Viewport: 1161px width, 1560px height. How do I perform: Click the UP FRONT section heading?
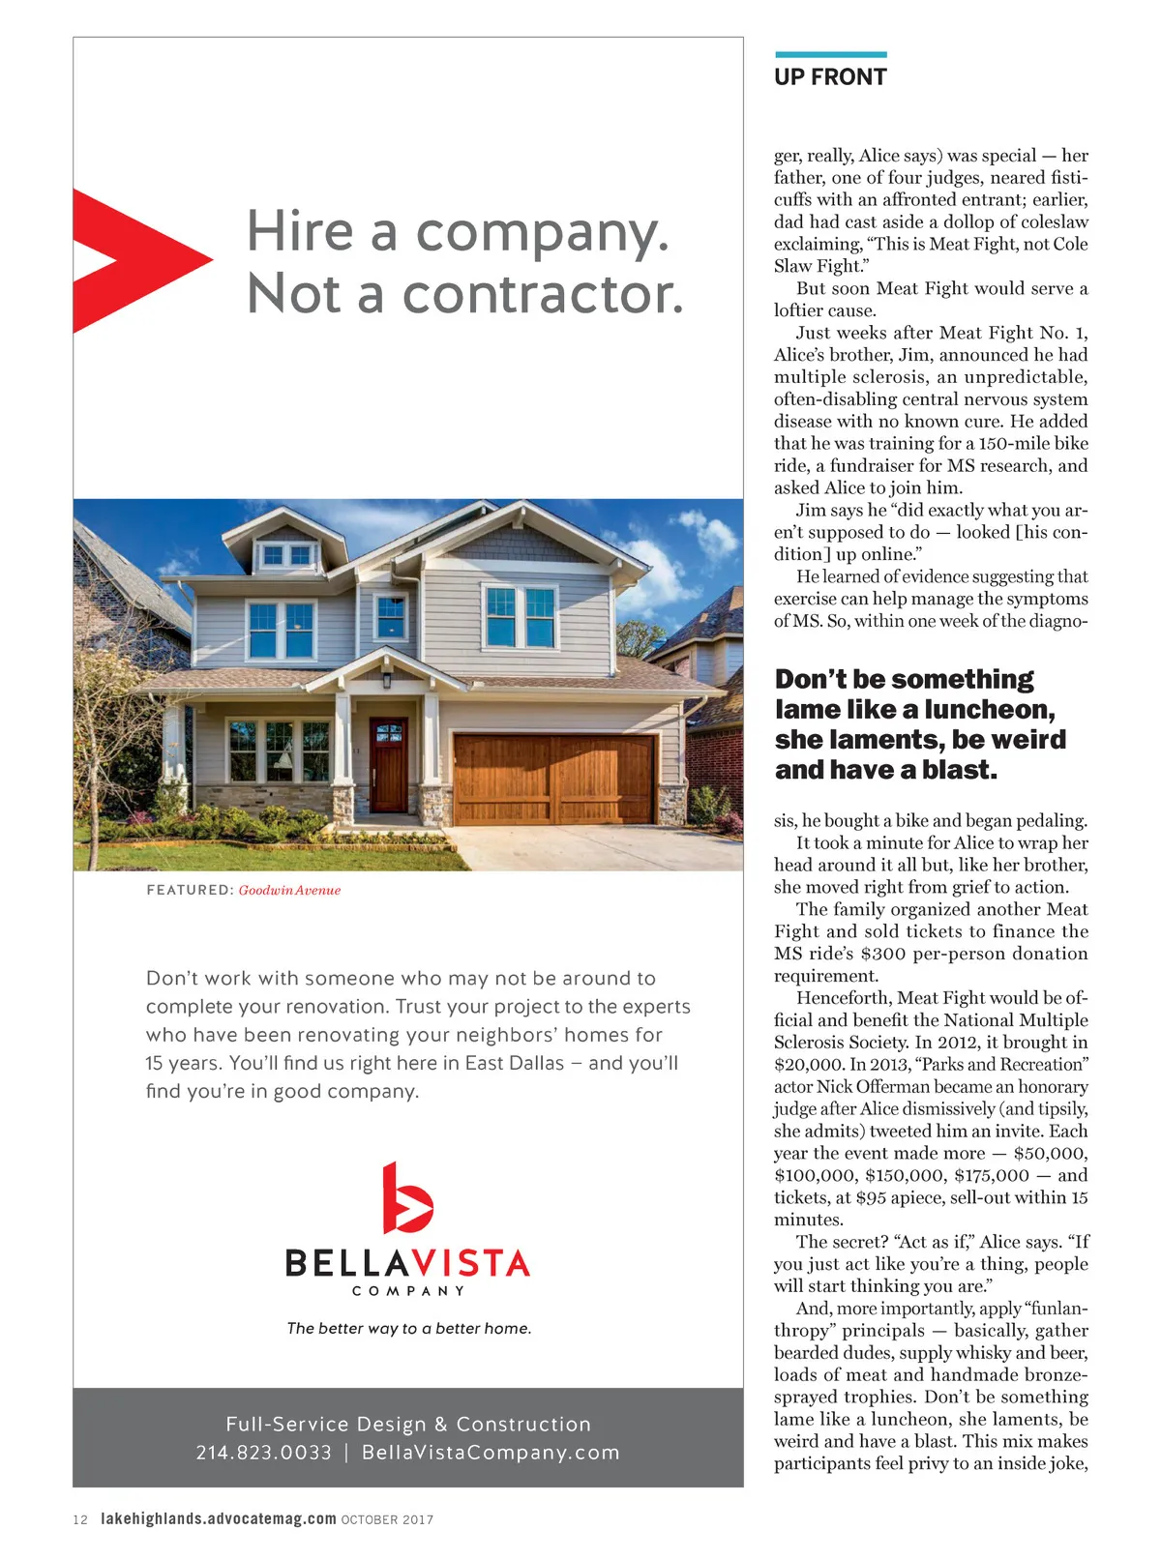830,77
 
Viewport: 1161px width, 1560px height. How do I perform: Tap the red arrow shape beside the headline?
135,260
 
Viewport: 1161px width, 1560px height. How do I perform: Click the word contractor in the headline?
542,294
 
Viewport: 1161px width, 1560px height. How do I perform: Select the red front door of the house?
389,765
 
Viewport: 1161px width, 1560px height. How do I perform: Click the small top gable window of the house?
287,555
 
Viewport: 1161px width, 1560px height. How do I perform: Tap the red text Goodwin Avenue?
289,891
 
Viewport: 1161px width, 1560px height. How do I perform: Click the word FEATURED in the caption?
190,891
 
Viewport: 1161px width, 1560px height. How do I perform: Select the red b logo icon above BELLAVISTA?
406,1198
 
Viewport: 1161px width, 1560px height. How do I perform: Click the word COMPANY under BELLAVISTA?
407,1291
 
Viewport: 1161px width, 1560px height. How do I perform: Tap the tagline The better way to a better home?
408,1329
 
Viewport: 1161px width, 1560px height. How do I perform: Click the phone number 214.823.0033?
263,1453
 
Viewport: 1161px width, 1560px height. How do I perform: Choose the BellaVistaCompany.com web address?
491,1453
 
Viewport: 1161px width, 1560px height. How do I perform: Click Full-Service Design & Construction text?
407,1424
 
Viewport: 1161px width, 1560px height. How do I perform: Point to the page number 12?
80,1519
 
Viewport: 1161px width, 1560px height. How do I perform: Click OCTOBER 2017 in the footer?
387,1520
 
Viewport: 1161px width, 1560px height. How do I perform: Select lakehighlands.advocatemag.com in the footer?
219,1519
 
